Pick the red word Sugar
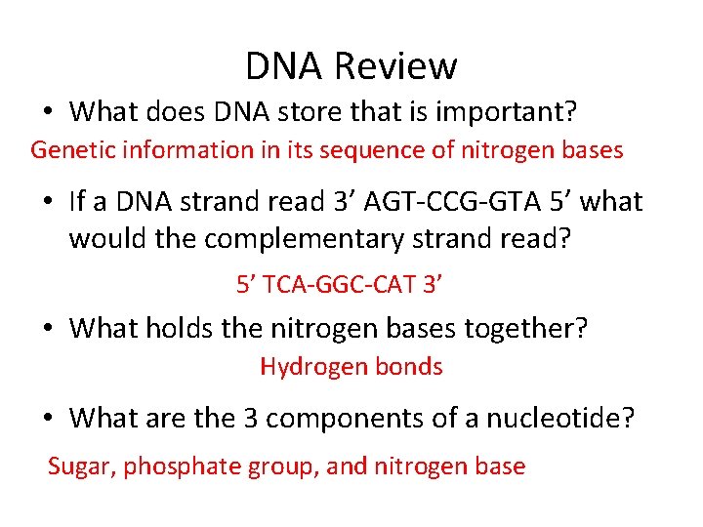click(81, 466)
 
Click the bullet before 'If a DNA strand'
click(47, 203)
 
